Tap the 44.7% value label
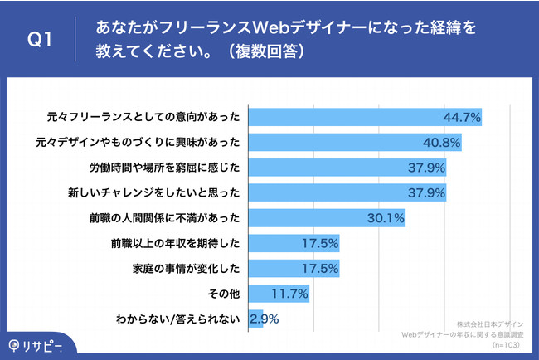(463, 117)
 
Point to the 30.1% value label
(386, 218)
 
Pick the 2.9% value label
(264, 319)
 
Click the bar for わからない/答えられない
(255, 319)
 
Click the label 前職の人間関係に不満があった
(175, 218)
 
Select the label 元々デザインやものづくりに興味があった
(143, 143)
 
